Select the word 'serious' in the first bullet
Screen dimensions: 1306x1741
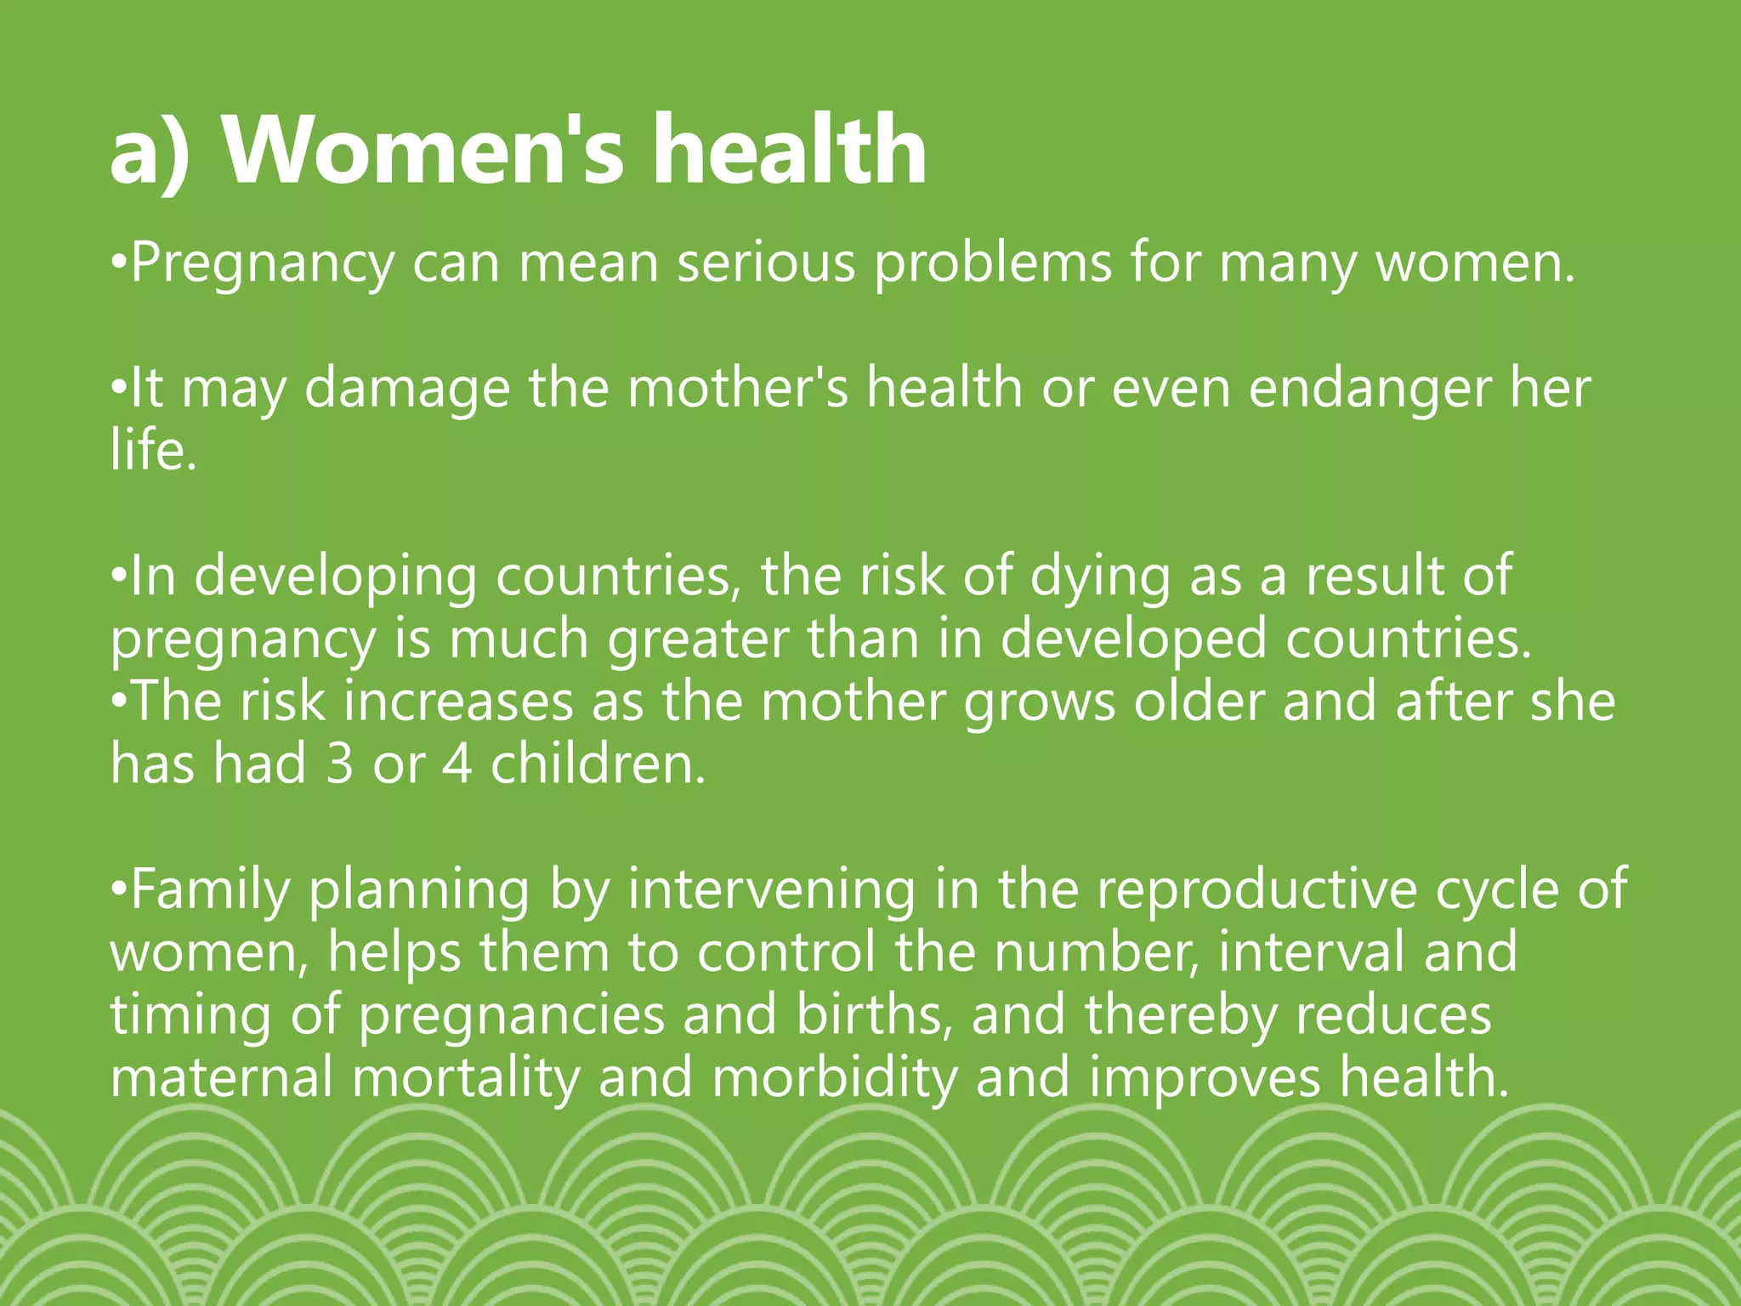[766, 263]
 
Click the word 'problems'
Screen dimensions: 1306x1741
[993, 264]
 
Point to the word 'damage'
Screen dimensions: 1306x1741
[407, 389]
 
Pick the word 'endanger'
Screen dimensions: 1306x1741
[1370, 389]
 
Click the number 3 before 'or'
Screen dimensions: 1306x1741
[339, 764]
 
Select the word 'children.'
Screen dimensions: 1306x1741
[598, 764]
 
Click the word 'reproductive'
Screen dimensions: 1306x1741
[1256, 890]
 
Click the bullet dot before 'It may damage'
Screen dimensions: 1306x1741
[119, 390]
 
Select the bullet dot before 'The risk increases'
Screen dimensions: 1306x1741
[119, 703]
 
